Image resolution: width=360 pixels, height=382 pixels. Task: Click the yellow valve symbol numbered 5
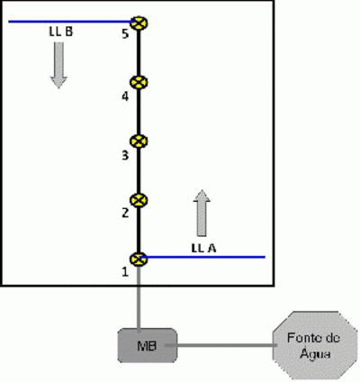[139, 23]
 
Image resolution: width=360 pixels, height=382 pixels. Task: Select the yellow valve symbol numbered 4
[139, 82]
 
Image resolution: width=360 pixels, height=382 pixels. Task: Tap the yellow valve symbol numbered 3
[139, 141]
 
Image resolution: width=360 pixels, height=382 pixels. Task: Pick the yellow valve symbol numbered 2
[139, 200]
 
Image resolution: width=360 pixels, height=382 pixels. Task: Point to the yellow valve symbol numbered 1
[139, 259]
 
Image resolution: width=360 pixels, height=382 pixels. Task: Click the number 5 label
[125, 33]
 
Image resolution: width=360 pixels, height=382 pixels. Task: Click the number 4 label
[125, 96]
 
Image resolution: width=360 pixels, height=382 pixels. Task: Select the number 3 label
[125, 155]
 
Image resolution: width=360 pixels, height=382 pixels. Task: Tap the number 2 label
[125, 213]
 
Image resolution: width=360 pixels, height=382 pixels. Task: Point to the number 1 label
[125, 272]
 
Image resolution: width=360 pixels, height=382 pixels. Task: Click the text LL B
[61, 32]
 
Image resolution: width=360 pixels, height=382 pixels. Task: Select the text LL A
[203, 248]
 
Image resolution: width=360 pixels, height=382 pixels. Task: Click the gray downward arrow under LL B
[58, 65]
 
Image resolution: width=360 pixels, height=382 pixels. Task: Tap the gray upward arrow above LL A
[202, 213]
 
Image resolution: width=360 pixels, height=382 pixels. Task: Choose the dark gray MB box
[147, 345]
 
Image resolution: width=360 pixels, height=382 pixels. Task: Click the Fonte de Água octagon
[313, 345]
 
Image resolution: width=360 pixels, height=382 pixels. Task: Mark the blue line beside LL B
[71, 22]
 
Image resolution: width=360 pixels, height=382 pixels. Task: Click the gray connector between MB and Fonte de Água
[220, 345]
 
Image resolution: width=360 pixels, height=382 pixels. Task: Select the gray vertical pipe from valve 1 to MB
[139, 299]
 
